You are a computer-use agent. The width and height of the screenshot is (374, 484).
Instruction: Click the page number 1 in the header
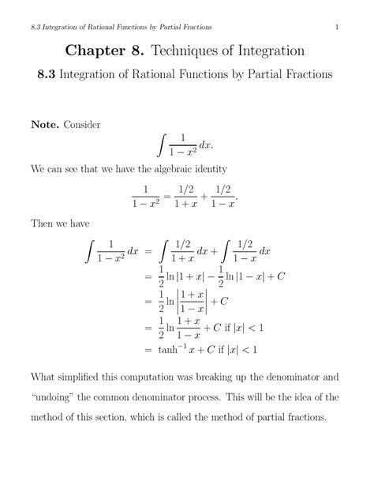[337, 29]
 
